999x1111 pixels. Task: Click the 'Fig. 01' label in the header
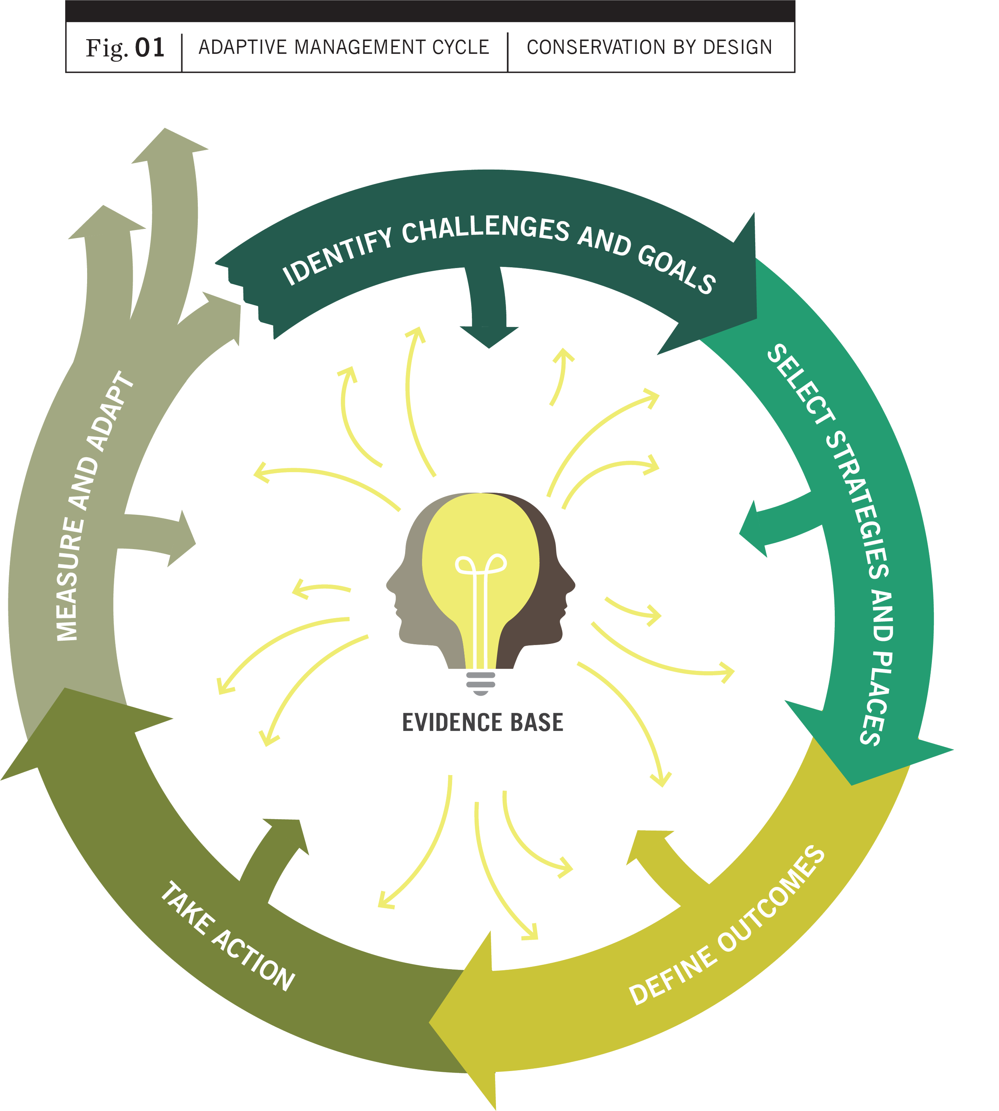(125, 48)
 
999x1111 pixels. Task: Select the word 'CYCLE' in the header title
(460, 48)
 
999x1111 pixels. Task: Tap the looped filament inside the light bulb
(481, 565)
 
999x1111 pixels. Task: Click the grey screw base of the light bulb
(481, 682)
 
